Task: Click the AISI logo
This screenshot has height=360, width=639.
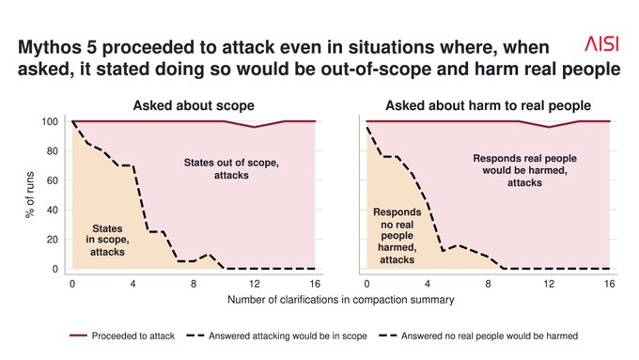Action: [602, 43]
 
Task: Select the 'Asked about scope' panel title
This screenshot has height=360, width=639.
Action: [194, 105]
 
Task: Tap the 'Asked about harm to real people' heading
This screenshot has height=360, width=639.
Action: [489, 105]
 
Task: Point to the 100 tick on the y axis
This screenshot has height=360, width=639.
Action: [50, 121]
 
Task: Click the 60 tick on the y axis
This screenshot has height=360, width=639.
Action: [53, 180]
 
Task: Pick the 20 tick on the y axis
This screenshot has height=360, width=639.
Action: [53, 240]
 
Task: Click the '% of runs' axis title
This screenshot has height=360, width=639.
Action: [30, 195]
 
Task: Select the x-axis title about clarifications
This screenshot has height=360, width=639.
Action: [341, 300]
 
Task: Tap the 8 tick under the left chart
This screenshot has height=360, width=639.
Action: [194, 284]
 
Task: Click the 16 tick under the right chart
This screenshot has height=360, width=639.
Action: [609, 284]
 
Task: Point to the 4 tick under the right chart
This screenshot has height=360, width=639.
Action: [427, 284]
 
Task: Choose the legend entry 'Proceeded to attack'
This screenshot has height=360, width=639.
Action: [122, 336]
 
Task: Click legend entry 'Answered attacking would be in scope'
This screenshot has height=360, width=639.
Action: [276, 336]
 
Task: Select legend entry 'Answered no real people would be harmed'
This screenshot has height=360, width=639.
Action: [478, 336]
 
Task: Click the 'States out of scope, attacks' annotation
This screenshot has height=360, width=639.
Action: [231, 169]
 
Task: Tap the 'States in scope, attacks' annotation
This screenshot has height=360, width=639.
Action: [107, 240]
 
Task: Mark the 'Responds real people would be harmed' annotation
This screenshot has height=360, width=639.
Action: [525, 170]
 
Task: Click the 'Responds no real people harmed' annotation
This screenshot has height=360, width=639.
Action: [397, 236]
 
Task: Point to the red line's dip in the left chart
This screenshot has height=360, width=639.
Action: [255, 127]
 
